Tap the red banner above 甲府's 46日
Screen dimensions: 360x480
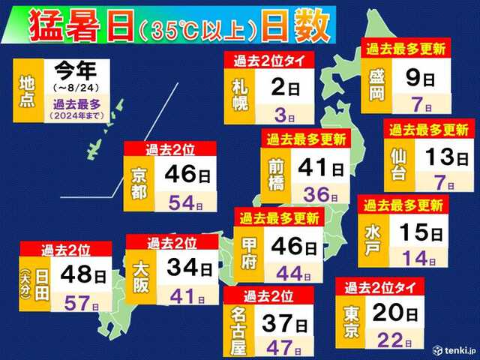pos(279,218)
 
